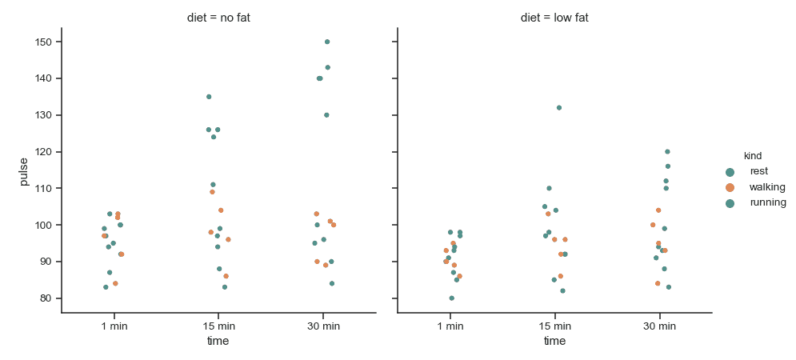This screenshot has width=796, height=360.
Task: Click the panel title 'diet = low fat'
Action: pos(554,18)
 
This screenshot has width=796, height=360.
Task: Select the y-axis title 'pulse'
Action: pos(24,171)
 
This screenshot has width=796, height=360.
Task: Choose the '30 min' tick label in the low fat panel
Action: pos(659,326)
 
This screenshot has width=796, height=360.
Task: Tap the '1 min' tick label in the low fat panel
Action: pos(450,326)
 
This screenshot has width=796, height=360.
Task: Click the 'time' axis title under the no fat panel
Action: pos(218,342)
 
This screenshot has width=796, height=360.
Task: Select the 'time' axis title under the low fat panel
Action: pos(554,342)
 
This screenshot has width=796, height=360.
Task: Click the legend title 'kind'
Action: pos(752,155)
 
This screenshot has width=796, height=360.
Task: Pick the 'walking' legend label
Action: pos(766,187)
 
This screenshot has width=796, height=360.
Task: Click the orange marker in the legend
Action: pos(730,187)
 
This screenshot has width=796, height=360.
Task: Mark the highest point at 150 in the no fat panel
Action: pos(327,42)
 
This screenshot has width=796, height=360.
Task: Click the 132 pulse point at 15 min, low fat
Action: pos(559,108)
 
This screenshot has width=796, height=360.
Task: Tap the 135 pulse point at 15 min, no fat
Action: pos(209,97)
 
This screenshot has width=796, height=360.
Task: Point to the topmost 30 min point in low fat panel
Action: pos(667,151)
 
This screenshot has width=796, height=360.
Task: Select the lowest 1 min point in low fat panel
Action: pos(452,298)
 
